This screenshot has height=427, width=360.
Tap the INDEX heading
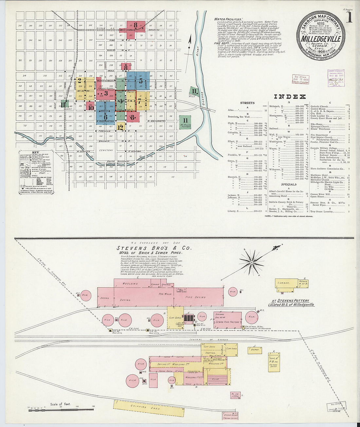(290, 97)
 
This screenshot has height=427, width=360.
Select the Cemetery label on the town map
(106, 151)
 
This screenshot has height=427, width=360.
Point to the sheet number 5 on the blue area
(141, 80)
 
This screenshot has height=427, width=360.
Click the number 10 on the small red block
(91, 108)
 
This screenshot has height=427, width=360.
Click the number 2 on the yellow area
(80, 80)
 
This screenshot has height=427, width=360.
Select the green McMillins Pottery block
(186, 120)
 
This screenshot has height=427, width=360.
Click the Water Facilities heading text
(228, 19)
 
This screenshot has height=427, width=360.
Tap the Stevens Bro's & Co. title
(154, 248)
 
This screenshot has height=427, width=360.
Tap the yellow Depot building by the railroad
(255, 349)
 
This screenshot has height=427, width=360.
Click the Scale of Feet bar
(61, 409)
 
